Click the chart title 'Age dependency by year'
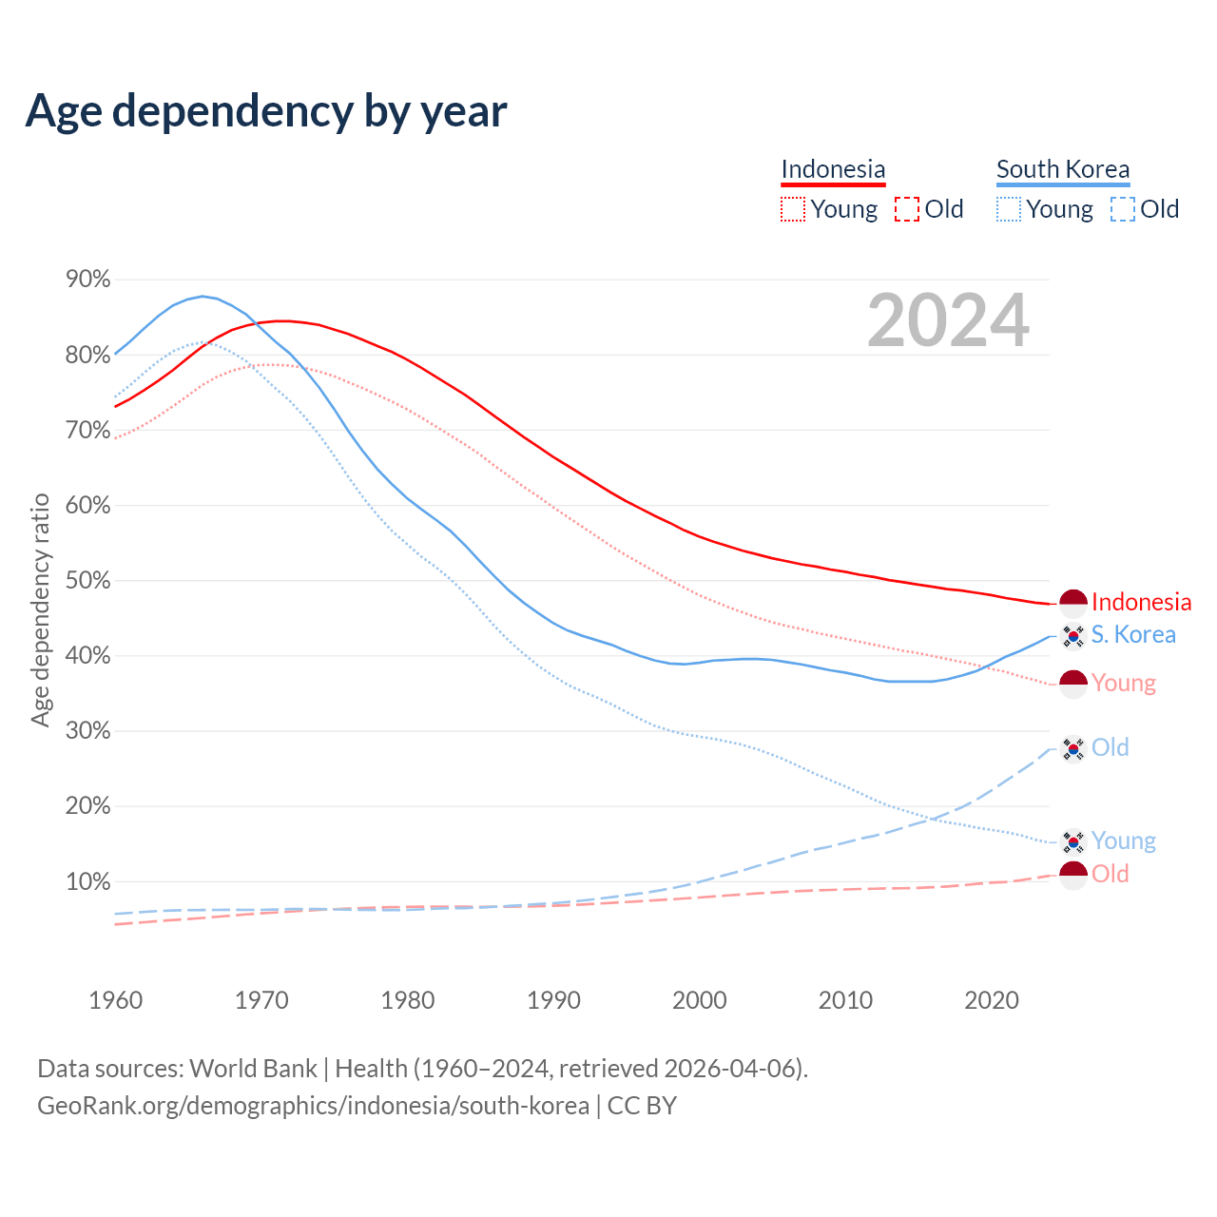tap(266, 110)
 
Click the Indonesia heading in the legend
tap(833, 169)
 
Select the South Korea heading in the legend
tap(1063, 169)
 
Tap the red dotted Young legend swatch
tap(792, 209)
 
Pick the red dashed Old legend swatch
tap(907, 209)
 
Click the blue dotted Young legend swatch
tap(1009, 209)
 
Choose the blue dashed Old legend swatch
tap(1123, 209)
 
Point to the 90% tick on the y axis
tap(87, 279)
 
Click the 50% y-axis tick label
tap(87, 580)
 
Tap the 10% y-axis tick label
tap(87, 881)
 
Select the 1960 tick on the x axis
tap(115, 1000)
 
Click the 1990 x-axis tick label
tap(553, 1000)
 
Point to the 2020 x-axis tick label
tap(992, 1000)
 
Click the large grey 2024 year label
tap(948, 320)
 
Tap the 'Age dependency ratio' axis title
tap(40, 609)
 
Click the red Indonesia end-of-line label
tap(1141, 602)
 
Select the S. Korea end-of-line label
tap(1133, 634)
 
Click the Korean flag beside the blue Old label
tap(1073, 748)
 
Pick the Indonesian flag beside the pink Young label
tap(1073, 684)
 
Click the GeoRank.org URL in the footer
tap(313, 1106)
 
